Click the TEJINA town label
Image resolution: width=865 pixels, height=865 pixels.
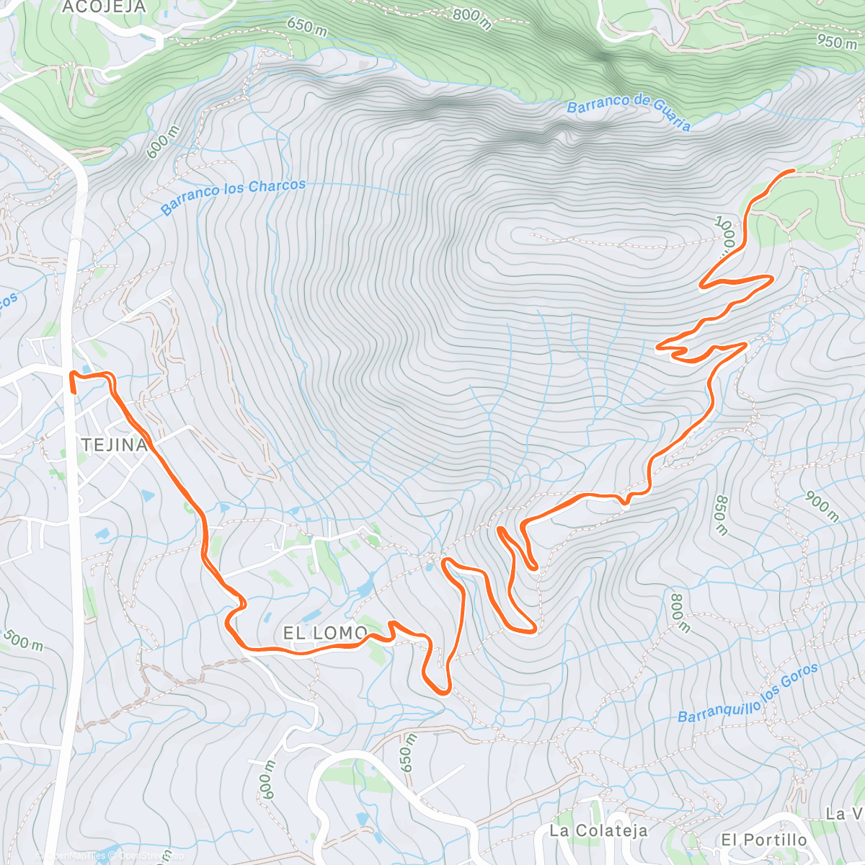coord(115,445)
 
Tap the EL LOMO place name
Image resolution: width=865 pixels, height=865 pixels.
coord(325,634)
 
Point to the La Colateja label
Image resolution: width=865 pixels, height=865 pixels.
coord(598,830)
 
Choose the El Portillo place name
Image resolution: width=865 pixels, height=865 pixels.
coord(764,840)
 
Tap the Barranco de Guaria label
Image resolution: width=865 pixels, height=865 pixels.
coord(629,112)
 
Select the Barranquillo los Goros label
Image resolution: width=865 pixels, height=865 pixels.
coord(748,693)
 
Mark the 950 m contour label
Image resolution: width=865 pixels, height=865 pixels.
coord(838,41)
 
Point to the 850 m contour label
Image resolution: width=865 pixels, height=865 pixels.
coord(721,515)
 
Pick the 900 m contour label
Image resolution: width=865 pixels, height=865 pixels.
coord(822,507)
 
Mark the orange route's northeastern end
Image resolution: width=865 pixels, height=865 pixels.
coord(793,171)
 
